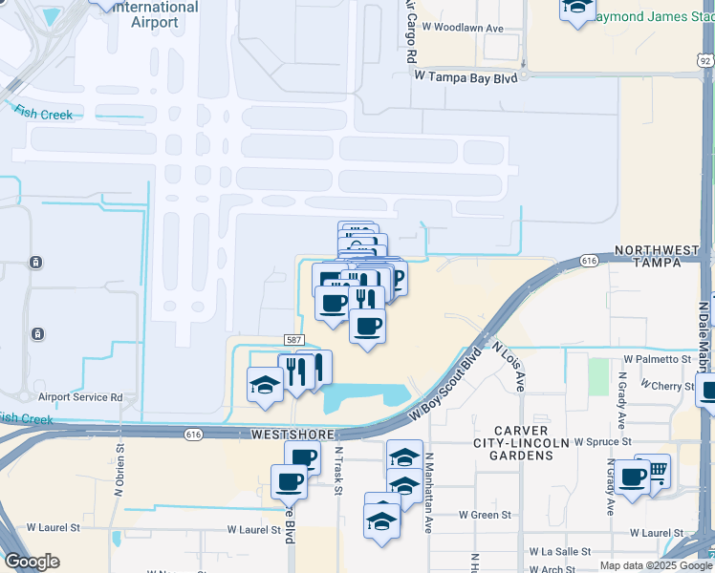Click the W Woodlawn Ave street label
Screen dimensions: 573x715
[x=467, y=29]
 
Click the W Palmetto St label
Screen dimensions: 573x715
[x=657, y=359]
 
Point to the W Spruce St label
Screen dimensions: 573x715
[x=601, y=442]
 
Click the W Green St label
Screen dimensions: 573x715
[x=486, y=515]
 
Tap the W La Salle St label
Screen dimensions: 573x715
[x=560, y=552]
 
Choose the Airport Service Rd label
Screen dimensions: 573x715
[x=80, y=396]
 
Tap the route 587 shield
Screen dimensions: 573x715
[x=293, y=339]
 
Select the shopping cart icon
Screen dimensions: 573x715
[x=657, y=469]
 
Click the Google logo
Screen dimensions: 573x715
[x=32, y=562]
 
